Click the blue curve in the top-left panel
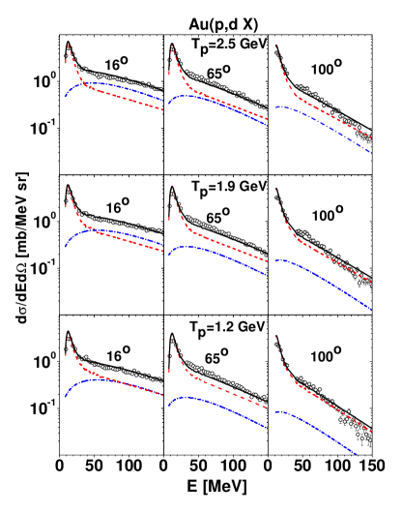click(x=106, y=84)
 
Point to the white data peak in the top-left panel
click(x=68, y=45)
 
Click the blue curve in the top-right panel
click(x=319, y=120)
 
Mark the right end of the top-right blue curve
click(x=371, y=152)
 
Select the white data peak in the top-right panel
click(x=275, y=47)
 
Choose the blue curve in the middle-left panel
click(x=106, y=230)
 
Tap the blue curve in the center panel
click(x=213, y=250)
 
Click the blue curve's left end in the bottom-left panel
click(x=65, y=397)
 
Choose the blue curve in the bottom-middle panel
click(x=213, y=401)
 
